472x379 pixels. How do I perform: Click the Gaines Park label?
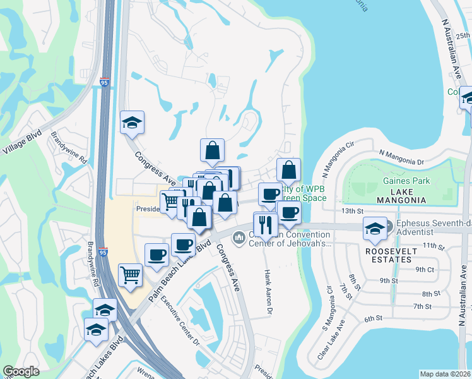[x=406, y=181]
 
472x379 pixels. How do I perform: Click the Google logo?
[x=21, y=372]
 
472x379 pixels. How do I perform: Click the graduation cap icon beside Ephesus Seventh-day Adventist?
[x=375, y=229]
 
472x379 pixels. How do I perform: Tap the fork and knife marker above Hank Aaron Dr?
[x=265, y=223]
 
